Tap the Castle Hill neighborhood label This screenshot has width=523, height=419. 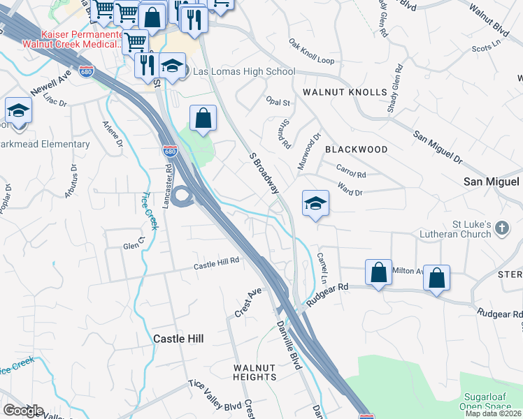point(178,338)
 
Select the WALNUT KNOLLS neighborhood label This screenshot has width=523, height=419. point(345,92)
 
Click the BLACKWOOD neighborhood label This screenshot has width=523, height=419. point(356,149)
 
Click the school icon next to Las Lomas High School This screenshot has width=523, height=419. point(171,66)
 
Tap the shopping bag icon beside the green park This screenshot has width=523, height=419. point(203,118)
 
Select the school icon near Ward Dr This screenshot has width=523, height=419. point(315,203)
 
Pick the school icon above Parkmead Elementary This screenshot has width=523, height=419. point(18,110)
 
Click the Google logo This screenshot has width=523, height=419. point(22,410)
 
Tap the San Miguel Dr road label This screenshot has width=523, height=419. point(438,147)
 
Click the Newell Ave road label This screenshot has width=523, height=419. point(51,84)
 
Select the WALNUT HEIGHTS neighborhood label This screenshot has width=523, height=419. point(255,372)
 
